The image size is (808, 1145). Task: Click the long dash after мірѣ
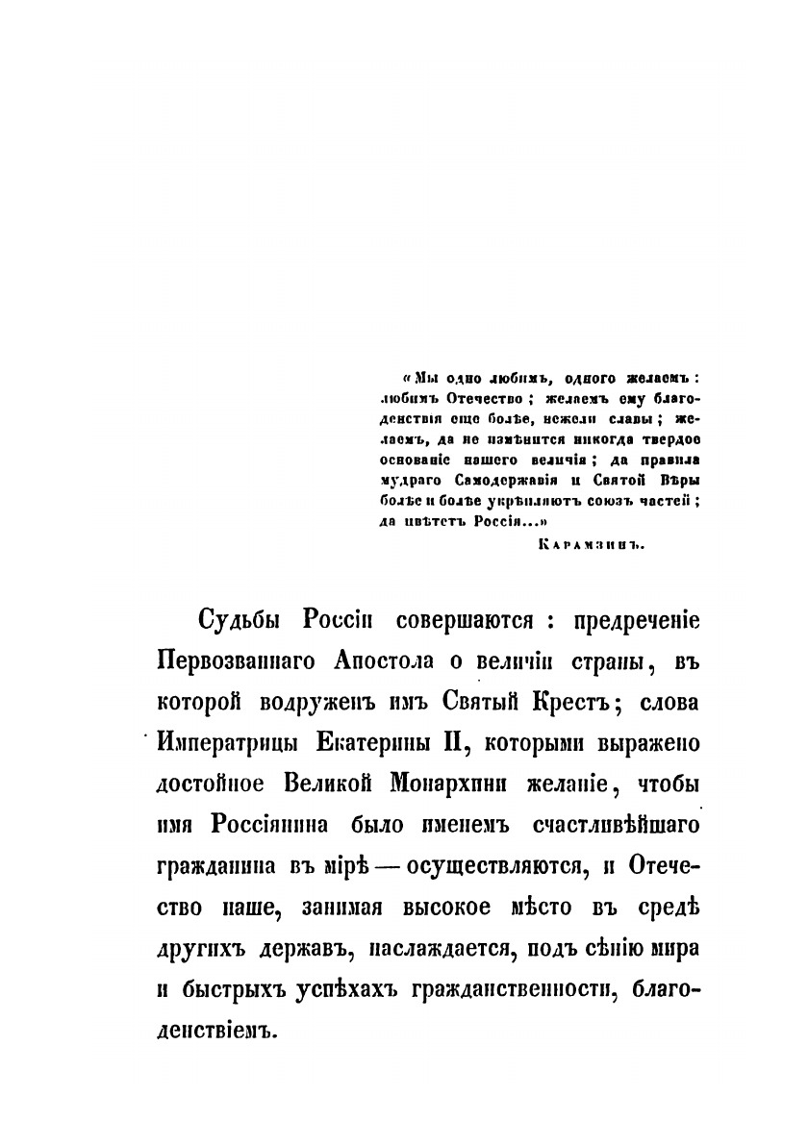pos(380,866)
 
